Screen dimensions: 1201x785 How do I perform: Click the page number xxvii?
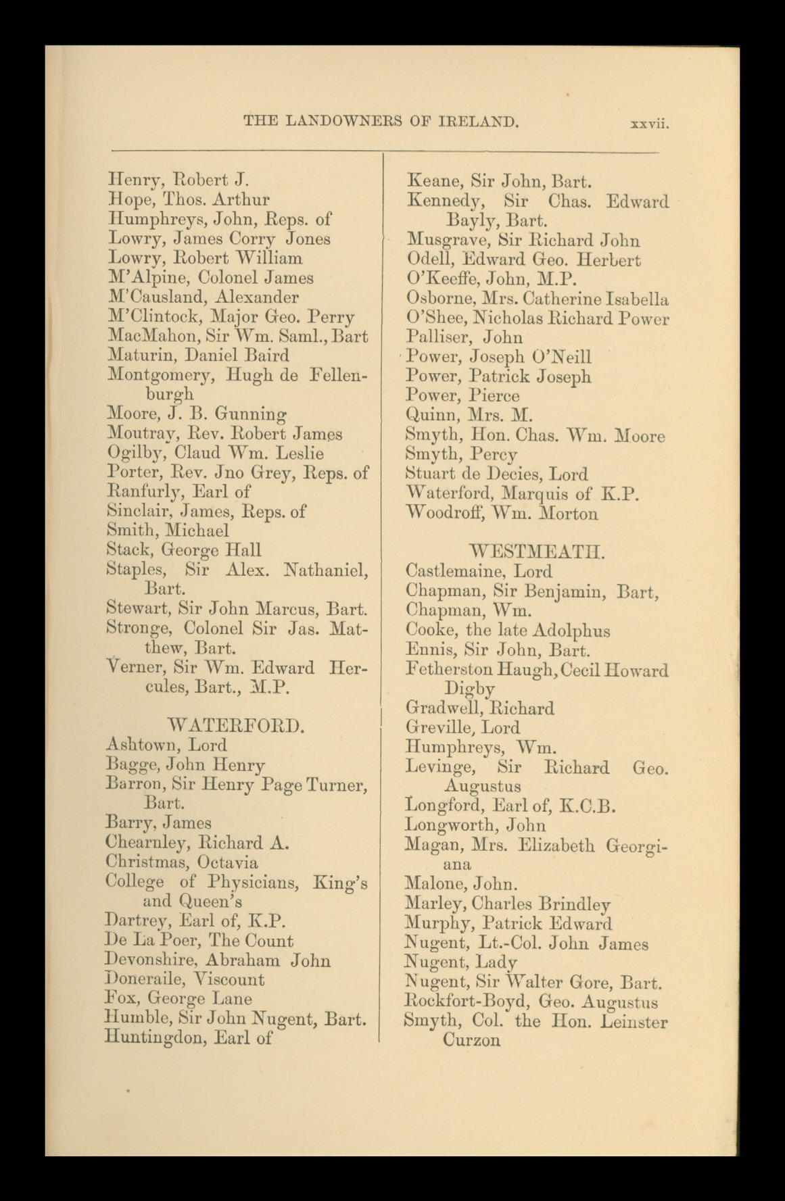point(649,124)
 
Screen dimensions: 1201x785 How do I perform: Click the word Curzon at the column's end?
point(471,1039)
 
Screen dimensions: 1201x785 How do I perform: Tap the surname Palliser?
point(436,337)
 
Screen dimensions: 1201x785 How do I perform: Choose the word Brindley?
point(574,904)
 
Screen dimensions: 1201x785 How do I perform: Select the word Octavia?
point(227,862)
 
